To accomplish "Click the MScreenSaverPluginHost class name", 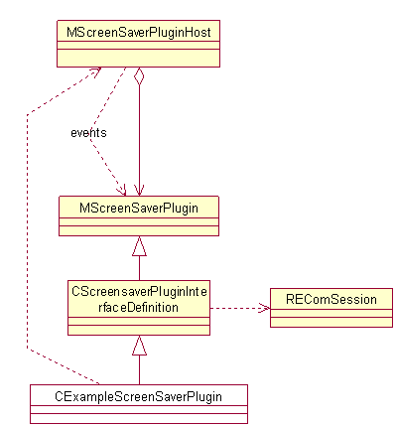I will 138,33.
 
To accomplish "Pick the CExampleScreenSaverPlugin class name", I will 138,396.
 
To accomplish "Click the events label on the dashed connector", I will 88,132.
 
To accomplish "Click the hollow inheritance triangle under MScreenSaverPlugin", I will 139,245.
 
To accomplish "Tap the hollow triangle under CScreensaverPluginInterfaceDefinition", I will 139,345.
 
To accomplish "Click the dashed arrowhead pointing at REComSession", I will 265,308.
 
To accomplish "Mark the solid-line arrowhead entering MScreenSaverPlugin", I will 139,190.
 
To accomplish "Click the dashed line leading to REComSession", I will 238,308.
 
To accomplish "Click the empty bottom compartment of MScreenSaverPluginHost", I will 138,61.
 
